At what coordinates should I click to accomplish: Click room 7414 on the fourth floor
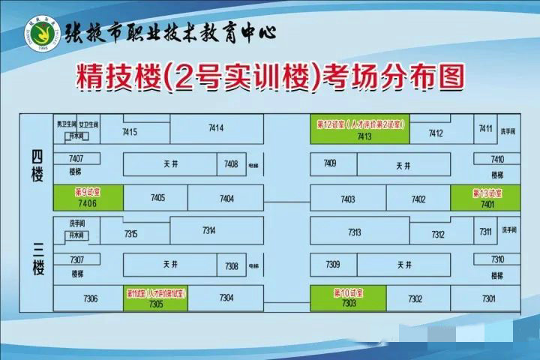pos(216,129)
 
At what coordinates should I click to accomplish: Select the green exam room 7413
pos(360,129)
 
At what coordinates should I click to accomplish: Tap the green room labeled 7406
pos(88,198)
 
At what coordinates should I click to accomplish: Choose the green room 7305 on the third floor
pos(156,298)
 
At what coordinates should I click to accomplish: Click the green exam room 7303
pos(348,298)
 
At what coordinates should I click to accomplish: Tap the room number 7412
pos(436,133)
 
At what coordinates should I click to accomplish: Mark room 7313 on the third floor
pos(354,232)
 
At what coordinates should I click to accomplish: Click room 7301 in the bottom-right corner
pos(489,298)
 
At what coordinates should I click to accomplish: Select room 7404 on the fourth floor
pos(226,199)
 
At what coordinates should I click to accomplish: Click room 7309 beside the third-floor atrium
pos(333,265)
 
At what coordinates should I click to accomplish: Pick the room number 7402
pos(418,199)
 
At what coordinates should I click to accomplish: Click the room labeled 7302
pos(415,298)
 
